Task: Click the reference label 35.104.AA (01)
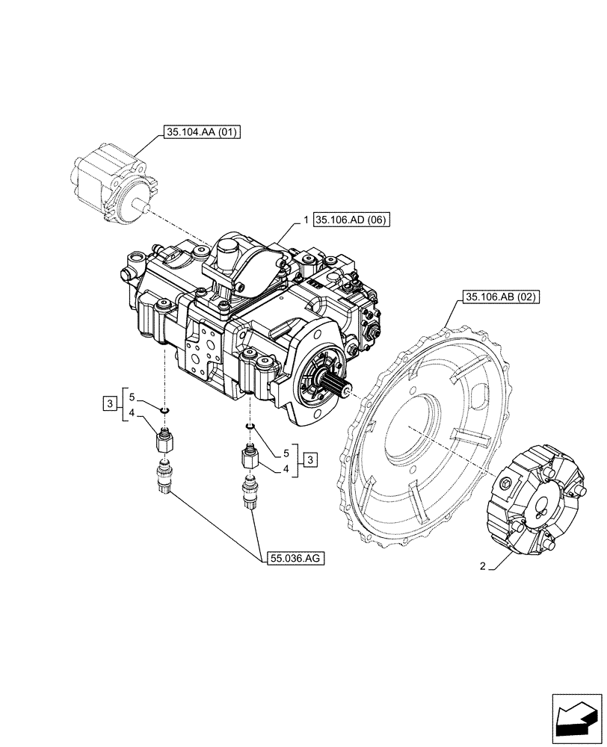(x=197, y=134)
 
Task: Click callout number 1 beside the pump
(x=306, y=220)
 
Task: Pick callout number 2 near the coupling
(x=483, y=568)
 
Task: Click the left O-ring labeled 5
(x=164, y=409)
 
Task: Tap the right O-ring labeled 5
(x=249, y=427)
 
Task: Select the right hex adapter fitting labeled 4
(x=249, y=456)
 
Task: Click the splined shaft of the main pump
(x=336, y=387)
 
